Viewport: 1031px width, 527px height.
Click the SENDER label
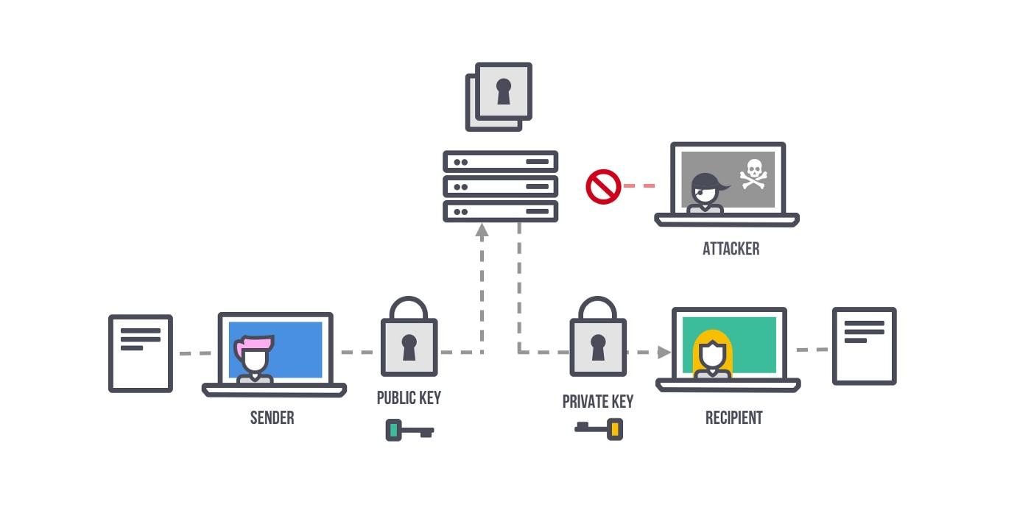(272, 417)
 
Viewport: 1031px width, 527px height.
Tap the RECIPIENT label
(733, 417)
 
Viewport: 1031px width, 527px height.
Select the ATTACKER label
(731, 249)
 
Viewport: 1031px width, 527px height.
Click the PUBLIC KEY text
(409, 397)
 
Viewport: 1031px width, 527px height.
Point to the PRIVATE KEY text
(598, 401)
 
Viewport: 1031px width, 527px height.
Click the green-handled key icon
(409, 430)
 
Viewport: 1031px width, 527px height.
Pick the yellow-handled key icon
(599, 429)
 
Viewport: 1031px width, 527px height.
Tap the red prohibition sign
(603, 186)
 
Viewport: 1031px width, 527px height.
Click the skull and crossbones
(753, 174)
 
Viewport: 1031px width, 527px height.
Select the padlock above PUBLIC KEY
(409, 336)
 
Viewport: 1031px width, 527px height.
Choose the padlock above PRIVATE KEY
(598, 336)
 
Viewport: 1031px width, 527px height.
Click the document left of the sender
(141, 353)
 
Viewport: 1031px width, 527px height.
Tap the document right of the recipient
(865, 346)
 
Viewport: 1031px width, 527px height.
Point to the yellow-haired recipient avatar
(713, 354)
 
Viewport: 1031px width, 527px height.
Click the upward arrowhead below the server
(482, 230)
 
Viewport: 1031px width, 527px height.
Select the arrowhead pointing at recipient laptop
(664, 353)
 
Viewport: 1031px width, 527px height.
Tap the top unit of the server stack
(500, 162)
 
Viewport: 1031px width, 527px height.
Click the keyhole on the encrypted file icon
(504, 91)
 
